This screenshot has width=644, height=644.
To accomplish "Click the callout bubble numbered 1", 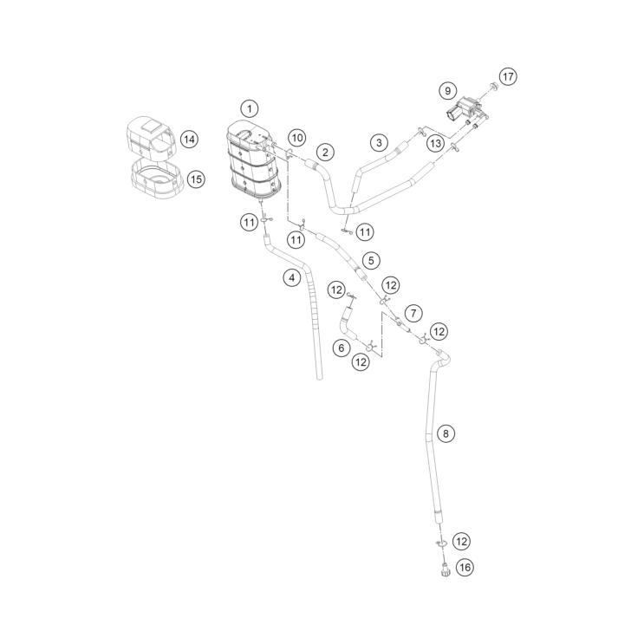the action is pos(250,109).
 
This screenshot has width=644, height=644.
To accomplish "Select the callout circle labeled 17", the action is pos(508,77).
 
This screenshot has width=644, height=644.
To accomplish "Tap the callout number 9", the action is pos(447,91).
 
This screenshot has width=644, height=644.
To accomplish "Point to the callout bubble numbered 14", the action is pos(189,140).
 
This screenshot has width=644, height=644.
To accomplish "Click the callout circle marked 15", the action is pos(197,179).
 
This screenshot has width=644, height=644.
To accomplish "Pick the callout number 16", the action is pos(465,568).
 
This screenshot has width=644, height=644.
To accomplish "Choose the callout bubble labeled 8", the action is pos(446,433).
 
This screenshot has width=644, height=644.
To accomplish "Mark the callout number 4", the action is pos(291,278).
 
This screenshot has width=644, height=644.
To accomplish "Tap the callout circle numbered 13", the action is pos(435,143).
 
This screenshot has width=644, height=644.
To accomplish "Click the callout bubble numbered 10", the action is pos(297,138).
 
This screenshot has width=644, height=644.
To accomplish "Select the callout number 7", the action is pos(413,314).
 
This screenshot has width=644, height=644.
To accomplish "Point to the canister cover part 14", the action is pos(151,138).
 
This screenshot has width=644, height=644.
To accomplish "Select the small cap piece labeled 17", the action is pos(494,86).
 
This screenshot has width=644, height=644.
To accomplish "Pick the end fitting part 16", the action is pos(445,571).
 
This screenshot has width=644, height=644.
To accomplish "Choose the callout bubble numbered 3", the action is pos(379,143).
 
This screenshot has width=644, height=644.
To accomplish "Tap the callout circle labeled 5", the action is pos(371,261).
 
